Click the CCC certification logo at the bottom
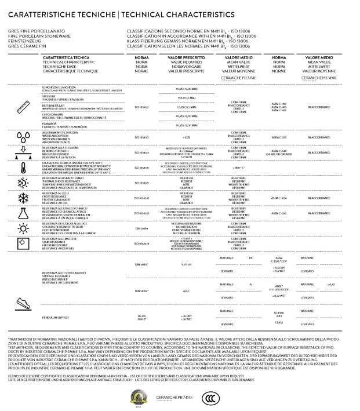[x=211, y=398]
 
